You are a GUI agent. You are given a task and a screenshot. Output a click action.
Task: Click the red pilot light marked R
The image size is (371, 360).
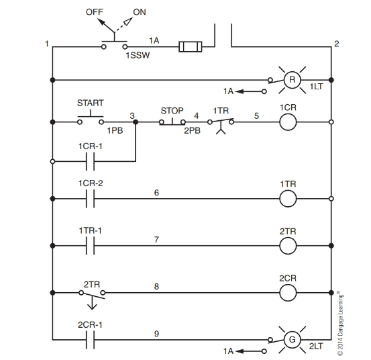pos(291,80)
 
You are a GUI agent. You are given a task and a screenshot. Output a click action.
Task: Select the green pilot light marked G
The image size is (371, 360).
pos(291,341)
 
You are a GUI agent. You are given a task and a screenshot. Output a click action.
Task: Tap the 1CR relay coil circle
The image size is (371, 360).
pos(288,122)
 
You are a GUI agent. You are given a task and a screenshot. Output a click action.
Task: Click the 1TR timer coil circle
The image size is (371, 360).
pos(288,199)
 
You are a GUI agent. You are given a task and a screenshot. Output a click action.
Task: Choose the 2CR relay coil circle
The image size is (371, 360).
pos(288,293)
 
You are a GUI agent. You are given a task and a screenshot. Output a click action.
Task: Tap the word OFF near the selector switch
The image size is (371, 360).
pos(95,12)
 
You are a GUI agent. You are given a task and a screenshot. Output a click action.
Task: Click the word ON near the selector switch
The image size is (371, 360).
pos(140,12)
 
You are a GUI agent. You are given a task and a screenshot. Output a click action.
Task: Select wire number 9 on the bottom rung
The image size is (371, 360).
pos(156,333)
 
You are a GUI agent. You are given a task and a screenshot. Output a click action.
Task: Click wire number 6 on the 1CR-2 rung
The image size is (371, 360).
pos(156,192)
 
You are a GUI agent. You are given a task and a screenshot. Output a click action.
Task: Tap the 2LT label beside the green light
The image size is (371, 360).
pos(315,347)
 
